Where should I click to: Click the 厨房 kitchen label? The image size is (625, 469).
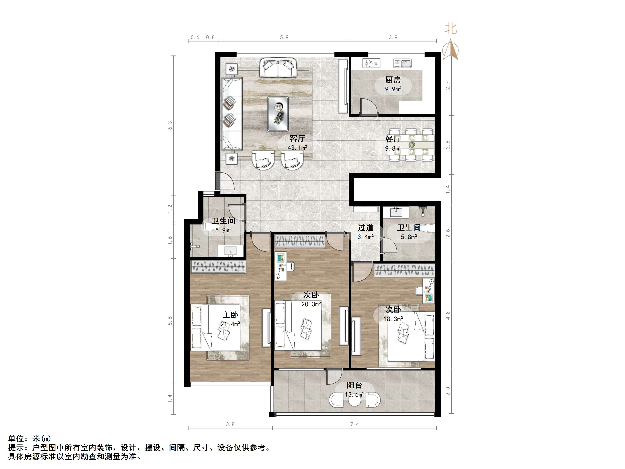393,80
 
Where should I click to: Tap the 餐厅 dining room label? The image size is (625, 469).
393,139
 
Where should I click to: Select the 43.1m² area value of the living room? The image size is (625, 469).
297,148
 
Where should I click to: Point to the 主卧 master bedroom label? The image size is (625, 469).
230,315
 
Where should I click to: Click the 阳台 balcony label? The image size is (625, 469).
354,385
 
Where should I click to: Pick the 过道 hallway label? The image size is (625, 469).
366,228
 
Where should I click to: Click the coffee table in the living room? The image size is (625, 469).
278,114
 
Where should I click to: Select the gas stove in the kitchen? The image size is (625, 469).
371,63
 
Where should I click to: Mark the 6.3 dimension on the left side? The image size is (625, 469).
170,125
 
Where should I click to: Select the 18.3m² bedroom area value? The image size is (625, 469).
393,319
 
